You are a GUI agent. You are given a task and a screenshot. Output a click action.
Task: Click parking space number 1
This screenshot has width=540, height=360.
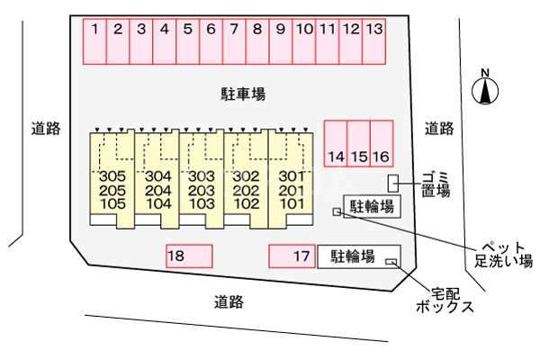coord(94,40)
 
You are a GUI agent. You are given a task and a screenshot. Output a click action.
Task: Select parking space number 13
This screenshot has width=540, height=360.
coord(374,40)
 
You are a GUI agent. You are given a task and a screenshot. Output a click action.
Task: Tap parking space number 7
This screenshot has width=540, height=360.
coord(234,40)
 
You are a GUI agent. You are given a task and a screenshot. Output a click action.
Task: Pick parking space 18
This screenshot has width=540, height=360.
coord(189,256)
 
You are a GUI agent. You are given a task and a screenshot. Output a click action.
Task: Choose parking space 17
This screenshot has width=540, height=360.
coord(292,256)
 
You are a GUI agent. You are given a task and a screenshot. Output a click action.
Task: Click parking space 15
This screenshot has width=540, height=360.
coord(359,144)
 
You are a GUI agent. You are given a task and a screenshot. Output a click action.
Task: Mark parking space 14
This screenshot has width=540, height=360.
coord(336,144)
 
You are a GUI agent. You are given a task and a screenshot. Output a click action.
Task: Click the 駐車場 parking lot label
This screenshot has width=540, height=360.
coord(243,94)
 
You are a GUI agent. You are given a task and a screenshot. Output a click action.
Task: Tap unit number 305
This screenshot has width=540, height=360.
coord(112,175)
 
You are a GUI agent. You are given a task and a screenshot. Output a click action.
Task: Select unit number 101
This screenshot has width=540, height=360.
coord(290,203)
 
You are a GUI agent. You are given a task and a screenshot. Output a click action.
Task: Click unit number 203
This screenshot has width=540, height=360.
coord(202,190)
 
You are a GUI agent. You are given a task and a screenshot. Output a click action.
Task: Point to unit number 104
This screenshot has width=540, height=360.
coord(157,203)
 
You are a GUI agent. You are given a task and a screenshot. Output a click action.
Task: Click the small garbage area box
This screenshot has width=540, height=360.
coord(393,183)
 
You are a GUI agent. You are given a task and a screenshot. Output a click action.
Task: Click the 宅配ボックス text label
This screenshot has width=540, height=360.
coord(445,300)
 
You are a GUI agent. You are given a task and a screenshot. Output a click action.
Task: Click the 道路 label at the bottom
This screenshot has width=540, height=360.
coord(229,302)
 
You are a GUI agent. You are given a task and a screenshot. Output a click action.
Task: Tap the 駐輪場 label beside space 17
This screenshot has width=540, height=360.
coord(352,256)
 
